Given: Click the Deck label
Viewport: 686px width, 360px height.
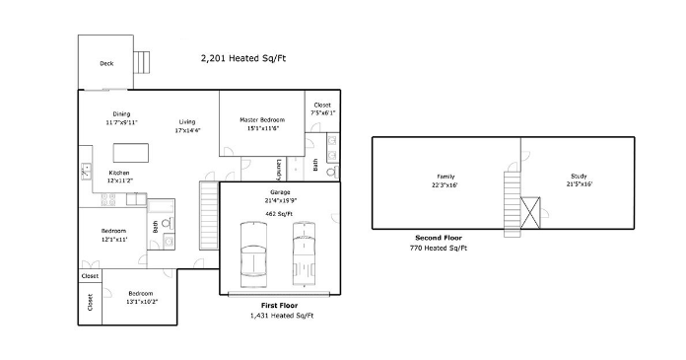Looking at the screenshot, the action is point(106,63).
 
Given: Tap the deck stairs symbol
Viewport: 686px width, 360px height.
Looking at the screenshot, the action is point(141,62).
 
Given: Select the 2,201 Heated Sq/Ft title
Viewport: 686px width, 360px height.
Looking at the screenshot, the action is point(243,58).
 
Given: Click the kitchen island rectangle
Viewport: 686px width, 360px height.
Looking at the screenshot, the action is point(131,153).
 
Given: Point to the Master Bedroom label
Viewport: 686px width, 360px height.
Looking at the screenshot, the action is point(262,119).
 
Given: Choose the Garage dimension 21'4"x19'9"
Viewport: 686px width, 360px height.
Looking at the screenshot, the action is point(280,200).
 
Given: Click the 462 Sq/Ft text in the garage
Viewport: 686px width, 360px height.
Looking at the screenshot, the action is point(279,214).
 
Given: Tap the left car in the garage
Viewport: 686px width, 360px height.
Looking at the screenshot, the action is point(253,254).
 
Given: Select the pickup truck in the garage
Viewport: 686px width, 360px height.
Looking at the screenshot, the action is point(304,254).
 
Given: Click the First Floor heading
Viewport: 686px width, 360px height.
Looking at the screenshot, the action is point(279,305).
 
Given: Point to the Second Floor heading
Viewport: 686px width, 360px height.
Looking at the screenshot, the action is point(439,238).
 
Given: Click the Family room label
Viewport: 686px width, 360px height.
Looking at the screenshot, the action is point(446,177).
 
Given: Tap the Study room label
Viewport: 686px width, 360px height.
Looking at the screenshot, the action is point(579,177).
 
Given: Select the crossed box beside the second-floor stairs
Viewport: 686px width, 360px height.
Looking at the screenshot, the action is point(530,213).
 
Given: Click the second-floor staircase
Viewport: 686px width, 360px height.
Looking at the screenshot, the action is point(513,204).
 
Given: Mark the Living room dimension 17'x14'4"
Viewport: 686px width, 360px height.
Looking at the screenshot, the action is point(187,130).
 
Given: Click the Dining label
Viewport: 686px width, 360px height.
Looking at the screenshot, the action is point(121,113).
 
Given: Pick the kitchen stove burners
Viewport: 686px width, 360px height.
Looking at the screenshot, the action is point(108,199).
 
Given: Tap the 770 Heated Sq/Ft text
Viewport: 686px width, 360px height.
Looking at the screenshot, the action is point(439,248).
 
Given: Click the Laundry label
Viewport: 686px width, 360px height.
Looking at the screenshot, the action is point(279,170).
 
